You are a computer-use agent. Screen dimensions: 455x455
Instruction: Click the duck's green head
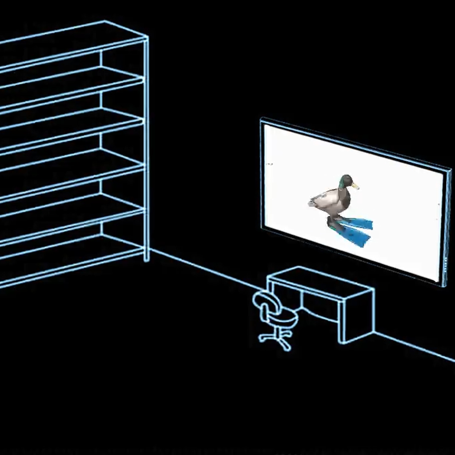pyautogui.click(x=345, y=181)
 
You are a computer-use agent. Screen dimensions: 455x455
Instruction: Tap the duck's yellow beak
pyautogui.click(x=355, y=185)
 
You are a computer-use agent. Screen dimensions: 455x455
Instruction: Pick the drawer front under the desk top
pyautogui.click(x=320, y=307)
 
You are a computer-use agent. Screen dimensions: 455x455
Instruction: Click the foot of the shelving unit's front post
pyautogui.click(x=146, y=259)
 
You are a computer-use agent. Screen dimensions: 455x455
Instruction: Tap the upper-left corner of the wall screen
pyautogui.click(x=262, y=120)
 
